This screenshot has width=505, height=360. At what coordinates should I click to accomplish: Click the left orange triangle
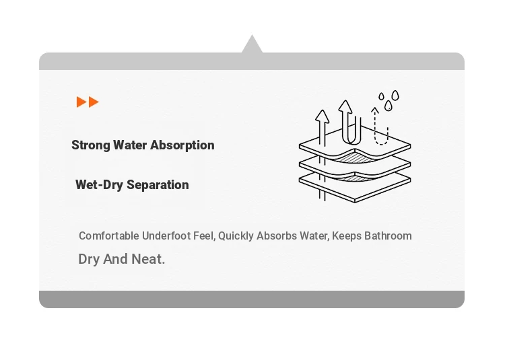point(81,102)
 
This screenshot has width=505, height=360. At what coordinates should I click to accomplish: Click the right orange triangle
point(94,102)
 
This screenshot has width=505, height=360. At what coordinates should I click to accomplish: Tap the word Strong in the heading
point(91,145)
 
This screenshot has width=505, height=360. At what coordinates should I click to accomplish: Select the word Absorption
point(182,145)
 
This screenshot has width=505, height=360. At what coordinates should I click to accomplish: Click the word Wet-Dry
point(100,185)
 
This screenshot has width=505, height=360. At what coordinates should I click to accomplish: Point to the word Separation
point(158,185)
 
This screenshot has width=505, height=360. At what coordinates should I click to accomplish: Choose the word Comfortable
point(109,236)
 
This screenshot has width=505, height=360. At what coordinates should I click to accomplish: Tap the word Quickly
point(236,236)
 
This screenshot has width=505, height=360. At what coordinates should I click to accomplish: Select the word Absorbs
point(276,236)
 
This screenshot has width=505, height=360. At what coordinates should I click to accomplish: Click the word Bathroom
point(388,236)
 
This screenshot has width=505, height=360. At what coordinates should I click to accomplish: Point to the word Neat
point(149,259)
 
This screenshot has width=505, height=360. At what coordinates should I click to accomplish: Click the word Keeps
point(347,236)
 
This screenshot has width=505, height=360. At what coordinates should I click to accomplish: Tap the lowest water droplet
point(389,106)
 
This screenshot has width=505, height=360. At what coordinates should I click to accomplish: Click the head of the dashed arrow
point(374,110)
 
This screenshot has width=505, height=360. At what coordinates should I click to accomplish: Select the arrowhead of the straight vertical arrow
point(322,116)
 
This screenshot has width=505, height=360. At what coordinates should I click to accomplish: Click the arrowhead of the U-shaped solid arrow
point(345,106)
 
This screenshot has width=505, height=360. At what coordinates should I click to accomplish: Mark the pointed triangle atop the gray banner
point(252,45)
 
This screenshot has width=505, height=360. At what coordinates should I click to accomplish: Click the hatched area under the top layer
point(353,157)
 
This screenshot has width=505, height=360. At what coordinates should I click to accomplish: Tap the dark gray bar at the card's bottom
point(252,299)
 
